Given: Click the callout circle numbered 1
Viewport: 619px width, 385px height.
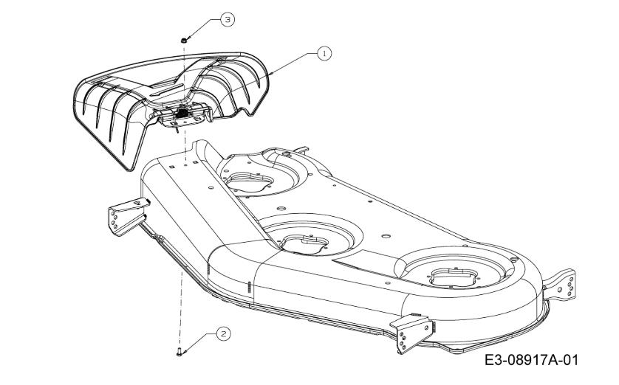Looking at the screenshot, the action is coord(324,53).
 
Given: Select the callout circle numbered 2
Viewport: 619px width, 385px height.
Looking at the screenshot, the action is coord(224,334).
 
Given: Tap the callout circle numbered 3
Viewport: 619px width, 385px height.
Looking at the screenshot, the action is coord(228,19).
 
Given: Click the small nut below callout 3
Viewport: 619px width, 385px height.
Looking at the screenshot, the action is coord(184,40).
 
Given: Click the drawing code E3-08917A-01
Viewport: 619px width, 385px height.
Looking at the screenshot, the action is coord(531,360).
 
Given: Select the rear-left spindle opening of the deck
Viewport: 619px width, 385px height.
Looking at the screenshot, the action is coord(249,182).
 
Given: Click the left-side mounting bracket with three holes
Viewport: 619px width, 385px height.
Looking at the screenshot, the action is coord(127,215).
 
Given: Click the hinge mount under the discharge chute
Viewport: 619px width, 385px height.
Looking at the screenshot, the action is coord(184,116).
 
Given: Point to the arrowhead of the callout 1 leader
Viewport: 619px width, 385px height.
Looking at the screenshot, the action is coord(271,73).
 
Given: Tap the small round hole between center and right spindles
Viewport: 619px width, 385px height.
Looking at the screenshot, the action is coord(386,236).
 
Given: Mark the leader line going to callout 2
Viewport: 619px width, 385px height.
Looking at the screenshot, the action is coord(199,342).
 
